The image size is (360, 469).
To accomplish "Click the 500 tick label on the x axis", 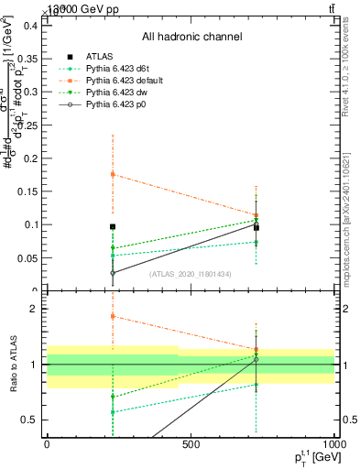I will point(191,446).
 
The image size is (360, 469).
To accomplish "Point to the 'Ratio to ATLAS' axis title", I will point(12,365).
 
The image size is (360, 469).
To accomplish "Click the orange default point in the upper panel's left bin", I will point(113,174).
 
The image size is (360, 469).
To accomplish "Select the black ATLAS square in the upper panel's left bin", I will point(113,226).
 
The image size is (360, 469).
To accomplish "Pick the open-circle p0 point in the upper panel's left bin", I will point(113,273).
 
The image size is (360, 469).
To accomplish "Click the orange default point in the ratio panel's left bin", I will point(113,316).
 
